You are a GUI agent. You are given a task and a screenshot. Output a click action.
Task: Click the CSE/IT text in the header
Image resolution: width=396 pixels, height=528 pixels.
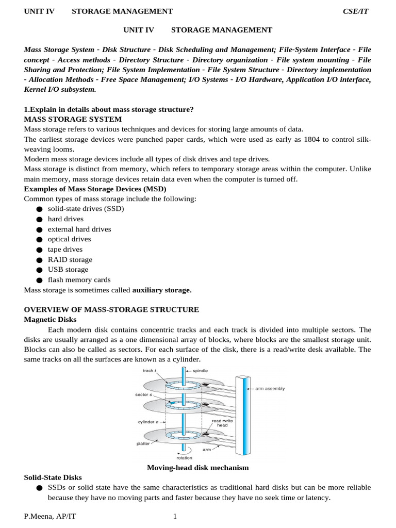click(356, 11)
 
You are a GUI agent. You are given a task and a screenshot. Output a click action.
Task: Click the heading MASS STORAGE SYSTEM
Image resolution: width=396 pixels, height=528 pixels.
click(73, 119)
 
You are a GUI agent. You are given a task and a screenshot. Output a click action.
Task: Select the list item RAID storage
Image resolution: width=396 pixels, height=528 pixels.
click(70, 259)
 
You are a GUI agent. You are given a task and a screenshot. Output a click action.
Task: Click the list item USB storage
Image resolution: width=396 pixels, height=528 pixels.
click(68, 270)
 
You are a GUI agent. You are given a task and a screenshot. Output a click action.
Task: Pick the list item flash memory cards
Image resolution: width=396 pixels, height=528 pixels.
click(79, 280)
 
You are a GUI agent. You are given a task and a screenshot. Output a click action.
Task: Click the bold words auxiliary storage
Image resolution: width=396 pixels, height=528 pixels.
click(161, 290)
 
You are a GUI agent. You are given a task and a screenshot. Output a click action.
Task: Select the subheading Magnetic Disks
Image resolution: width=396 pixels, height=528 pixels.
click(50, 320)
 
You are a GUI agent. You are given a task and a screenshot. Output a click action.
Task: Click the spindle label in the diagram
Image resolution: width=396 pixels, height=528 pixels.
click(200, 371)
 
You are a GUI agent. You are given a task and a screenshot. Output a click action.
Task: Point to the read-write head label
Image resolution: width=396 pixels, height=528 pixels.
click(223, 423)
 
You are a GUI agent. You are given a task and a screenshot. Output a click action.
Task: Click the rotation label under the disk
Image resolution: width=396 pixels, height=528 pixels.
click(184, 457)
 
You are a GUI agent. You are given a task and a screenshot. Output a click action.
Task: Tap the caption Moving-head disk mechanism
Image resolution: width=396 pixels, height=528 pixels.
click(197, 468)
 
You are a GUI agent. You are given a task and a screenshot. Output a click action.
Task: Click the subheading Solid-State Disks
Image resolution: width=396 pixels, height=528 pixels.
click(53, 478)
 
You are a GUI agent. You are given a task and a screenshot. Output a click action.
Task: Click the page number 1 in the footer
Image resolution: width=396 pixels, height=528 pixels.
click(175, 516)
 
